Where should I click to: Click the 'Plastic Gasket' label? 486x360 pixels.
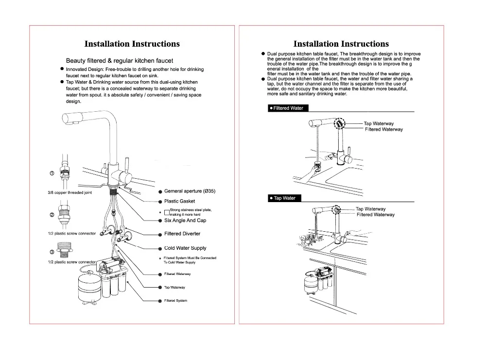pos(179,201)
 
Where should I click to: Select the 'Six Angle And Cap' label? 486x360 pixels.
pos(185,221)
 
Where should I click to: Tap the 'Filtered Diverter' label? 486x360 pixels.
pos(182,234)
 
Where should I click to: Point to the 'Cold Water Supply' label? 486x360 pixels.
pos(185,248)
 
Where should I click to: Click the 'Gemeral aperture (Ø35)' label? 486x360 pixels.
pos(190,191)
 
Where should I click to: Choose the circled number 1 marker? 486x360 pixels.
pos(52,173)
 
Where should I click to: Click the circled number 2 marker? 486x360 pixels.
pos(52,215)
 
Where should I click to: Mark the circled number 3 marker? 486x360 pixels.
pos(52,252)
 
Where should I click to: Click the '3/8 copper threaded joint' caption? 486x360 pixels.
pos(69,193)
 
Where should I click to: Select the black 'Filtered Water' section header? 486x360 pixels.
pos(287,108)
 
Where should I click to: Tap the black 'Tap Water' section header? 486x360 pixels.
pos(283,198)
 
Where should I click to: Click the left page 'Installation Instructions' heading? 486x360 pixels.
pos(132,44)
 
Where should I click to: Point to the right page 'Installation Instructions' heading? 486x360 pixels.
pos(341,44)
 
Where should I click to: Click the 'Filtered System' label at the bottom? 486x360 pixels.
pos(175,301)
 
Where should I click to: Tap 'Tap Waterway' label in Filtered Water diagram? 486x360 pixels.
pos(379,124)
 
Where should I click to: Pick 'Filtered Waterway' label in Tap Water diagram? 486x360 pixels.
pos(376,215)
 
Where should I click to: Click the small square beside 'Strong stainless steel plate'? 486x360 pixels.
pos(167,212)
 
